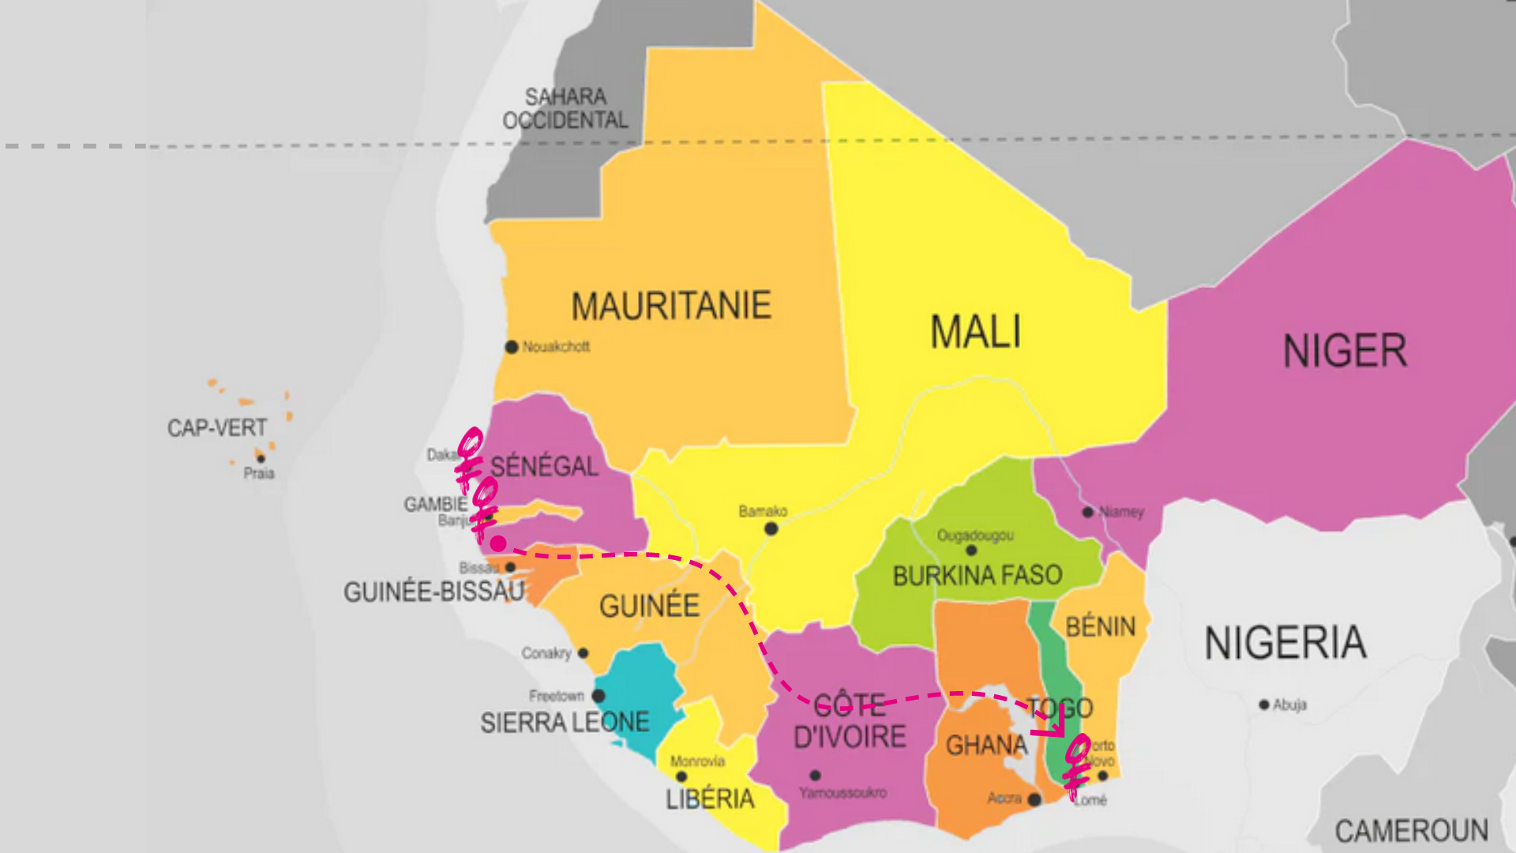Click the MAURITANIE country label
pyautogui.click(x=671, y=306)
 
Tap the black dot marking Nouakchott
pyautogui.click(x=512, y=347)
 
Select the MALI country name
pyautogui.click(x=975, y=332)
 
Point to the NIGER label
pyautogui.click(x=1345, y=351)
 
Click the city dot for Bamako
pyautogui.click(x=771, y=528)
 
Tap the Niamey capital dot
pyautogui.click(x=1088, y=512)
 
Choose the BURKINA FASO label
pyautogui.click(x=978, y=576)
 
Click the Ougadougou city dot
pyautogui.click(x=971, y=550)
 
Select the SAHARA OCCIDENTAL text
pyautogui.click(x=565, y=109)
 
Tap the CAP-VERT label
pyautogui.click(x=217, y=428)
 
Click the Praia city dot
pyautogui.click(x=261, y=458)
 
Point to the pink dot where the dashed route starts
pyautogui.click(x=498, y=543)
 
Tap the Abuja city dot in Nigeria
pyautogui.click(x=1264, y=705)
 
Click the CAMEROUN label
pyautogui.click(x=1411, y=831)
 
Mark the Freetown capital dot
pyautogui.click(x=599, y=696)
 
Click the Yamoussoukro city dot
pyautogui.click(x=816, y=776)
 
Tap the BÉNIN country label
pyautogui.click(x=1100, y=627)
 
